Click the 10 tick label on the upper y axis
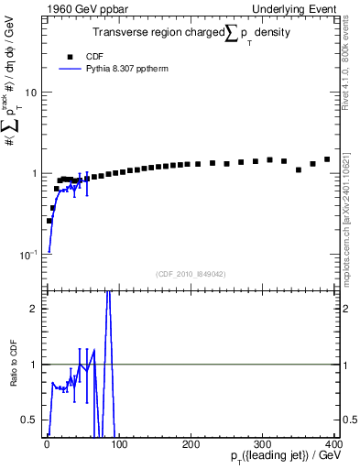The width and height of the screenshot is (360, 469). [30, 93]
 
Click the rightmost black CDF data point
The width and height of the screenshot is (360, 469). [327, 159]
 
